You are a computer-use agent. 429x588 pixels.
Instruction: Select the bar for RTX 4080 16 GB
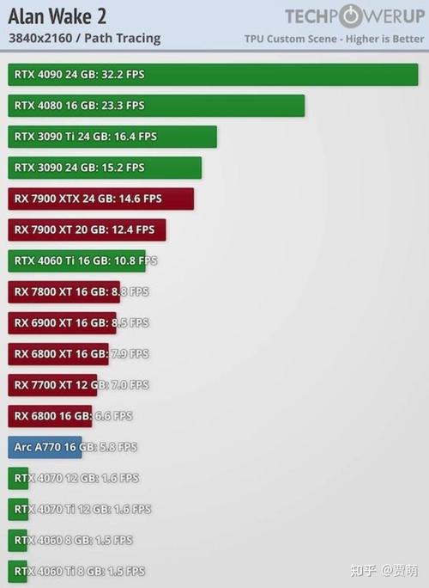click(156, 106)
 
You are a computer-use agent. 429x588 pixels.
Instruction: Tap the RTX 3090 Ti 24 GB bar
click(112, 137)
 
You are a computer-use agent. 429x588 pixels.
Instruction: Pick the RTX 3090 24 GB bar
click(105, 168)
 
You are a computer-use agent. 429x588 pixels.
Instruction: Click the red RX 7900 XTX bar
click(100, 199)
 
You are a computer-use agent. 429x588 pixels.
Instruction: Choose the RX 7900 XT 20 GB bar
click(87, 230)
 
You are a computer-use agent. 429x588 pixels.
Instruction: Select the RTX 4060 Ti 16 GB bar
click(76, 260)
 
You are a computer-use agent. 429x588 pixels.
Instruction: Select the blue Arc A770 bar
click(45, 447)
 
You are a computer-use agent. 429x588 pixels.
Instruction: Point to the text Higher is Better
click(383, 39)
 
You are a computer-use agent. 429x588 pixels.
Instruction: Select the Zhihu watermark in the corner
click(386, 570)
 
